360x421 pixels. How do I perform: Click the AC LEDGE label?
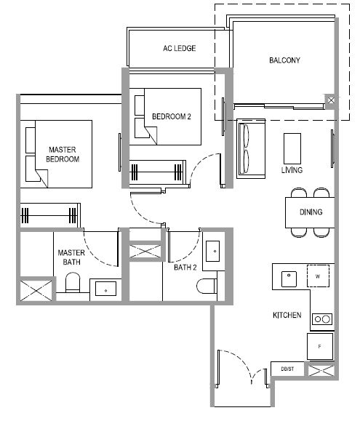180,48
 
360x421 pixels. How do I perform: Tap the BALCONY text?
284,60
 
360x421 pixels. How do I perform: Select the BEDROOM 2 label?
172,116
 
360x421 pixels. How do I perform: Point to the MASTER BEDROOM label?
63,154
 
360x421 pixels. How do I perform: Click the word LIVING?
292,170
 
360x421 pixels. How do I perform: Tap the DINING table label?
311,212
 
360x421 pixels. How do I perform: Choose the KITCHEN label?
287,315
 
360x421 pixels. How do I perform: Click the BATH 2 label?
185,268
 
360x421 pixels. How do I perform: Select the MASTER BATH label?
71,257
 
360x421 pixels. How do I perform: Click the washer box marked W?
318,276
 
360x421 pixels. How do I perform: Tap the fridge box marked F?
320,346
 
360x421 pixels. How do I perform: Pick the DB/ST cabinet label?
287,369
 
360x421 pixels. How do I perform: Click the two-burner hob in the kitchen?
322,319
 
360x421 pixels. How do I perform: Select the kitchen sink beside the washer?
289,278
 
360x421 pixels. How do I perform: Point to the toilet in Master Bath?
73,282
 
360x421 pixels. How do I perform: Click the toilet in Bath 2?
207,286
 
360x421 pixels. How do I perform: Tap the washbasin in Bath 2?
212,251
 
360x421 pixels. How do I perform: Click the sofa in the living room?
251,148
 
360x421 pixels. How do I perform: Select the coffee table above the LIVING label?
292,148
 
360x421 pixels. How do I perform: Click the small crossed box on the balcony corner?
332,100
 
